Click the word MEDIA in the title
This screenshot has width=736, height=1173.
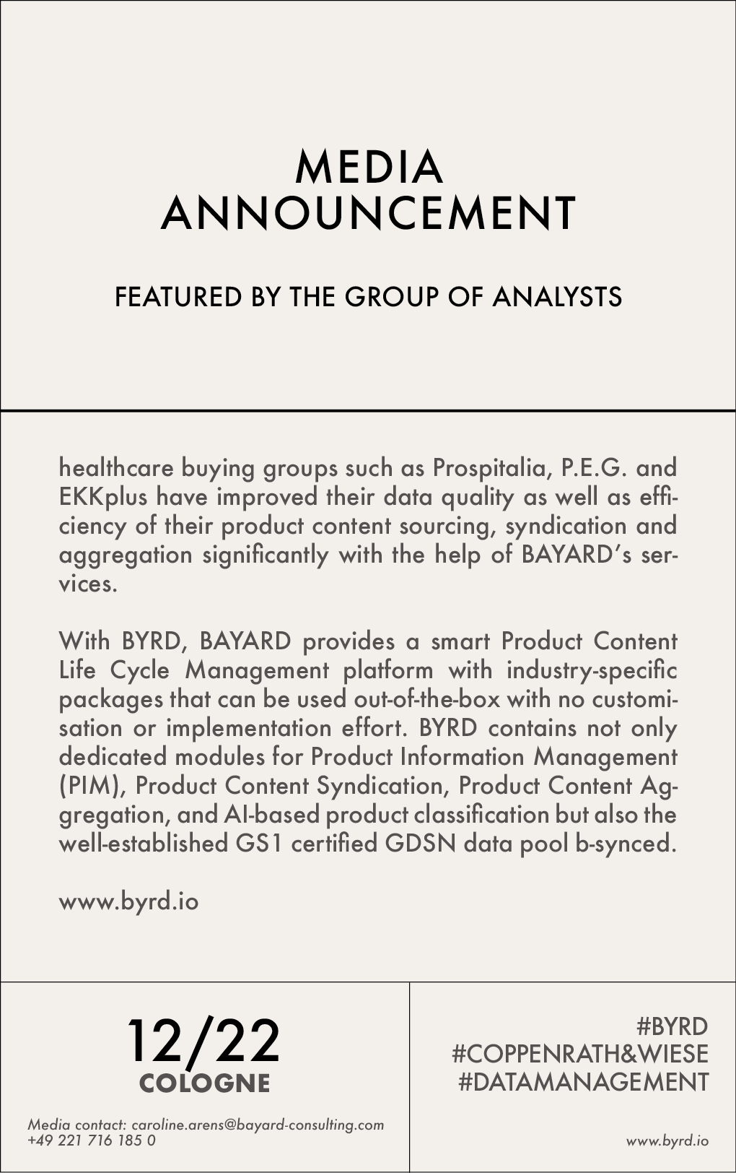click(368, 167)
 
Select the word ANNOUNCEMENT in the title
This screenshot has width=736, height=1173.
click(368, 213)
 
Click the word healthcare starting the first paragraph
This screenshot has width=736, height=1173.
click(116, 468)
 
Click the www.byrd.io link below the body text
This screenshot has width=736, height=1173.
click(128, 901)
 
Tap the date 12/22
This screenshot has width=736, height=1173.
click(203, 1042)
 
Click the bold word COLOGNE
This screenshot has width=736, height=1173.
click(204, 1083)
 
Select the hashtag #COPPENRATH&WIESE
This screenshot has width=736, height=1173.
click(580, 1054)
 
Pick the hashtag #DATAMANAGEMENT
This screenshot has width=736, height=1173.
click(583, 1082)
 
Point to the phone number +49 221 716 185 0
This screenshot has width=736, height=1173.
click(91, 1140)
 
